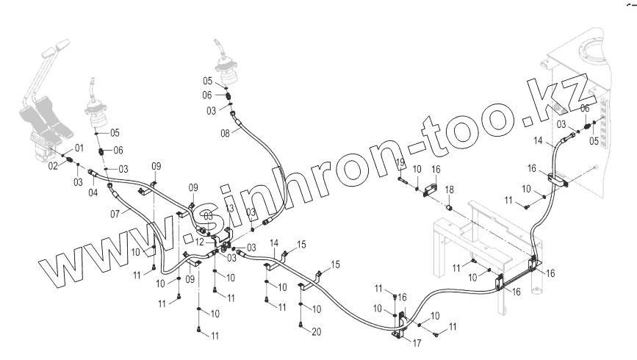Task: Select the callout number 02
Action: click(x=53, y=166)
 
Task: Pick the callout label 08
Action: click(x=226, y=132)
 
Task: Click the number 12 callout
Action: click(x=199, y=241)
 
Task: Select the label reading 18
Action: click(x=449, y=190)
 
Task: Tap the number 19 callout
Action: click(x=401, y=162)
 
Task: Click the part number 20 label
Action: click(x=316, y=332)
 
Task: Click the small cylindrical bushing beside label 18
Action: click(x=446, y=210)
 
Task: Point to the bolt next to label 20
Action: click(x=301, y=324)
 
